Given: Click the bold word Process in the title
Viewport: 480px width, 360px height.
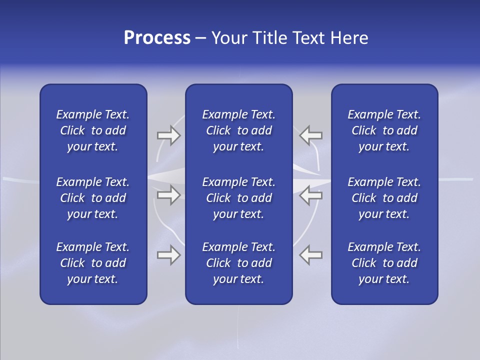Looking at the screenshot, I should [157, 38].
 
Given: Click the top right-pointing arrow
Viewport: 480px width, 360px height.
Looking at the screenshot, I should [168, 135].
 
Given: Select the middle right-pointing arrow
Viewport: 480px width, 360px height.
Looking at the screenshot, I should [168, 195].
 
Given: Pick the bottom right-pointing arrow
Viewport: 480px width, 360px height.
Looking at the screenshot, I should [168, 255].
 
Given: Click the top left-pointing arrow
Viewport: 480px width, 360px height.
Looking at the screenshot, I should [311, 135].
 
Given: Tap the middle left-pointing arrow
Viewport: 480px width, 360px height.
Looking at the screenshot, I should [311, 195].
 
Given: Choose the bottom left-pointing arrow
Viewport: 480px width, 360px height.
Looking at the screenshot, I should [311, 255].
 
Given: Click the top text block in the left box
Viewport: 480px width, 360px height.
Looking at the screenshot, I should [93, 130].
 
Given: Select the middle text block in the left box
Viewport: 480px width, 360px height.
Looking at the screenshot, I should [93, 198].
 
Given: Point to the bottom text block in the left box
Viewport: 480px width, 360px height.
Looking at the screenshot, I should [93, 263].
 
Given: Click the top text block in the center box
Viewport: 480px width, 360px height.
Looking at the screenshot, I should [238, 130].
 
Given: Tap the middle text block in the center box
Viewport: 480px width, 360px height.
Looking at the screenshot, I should [238, 198].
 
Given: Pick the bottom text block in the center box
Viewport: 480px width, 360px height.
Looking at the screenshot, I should [238, 263].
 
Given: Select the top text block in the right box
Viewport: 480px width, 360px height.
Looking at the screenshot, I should [384, 130].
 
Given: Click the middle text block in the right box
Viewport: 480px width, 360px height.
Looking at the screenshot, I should [384, 198].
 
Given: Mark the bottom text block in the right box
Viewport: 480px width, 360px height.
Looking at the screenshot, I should [384, 263].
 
